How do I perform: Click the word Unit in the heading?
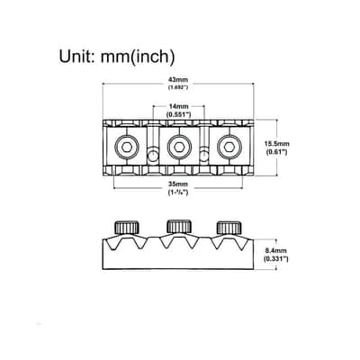click(75, 56)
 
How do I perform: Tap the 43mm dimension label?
click(178, 80)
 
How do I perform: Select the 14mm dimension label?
click(178, 106)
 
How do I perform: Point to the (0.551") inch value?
click(179, 114)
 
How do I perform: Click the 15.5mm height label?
click(276, 144)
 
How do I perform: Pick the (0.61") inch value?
click(277, 152)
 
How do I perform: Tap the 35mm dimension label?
click(178, 184)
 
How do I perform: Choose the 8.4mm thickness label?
click(275, 250)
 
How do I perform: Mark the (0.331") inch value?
click(275, 258)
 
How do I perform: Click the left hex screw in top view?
click(127, 147)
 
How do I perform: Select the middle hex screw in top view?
click(179, 147)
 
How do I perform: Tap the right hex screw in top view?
click(229, 147)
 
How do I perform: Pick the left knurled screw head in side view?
click(127, 228)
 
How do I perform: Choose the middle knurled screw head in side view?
click(179, 227)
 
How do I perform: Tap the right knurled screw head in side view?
click(229, 228)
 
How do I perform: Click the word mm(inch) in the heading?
click(138, 57)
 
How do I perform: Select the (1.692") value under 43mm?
click(178, 87)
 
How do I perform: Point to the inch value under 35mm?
click(178, 193)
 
